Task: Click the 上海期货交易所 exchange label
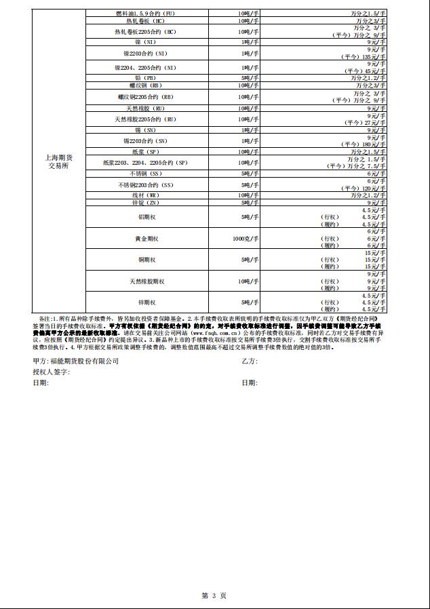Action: (x=60, y=162)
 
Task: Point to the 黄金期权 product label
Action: (x=146, y=239)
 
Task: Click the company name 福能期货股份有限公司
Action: (x=75, y=361)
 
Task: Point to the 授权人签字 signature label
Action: (x=52, y=372)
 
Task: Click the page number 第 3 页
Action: (x=214, y=595)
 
